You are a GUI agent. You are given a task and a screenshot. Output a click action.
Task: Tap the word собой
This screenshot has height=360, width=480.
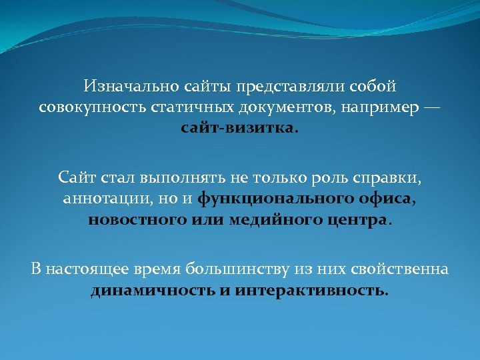372,86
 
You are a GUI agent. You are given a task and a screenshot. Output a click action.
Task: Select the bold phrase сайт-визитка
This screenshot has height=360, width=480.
237,127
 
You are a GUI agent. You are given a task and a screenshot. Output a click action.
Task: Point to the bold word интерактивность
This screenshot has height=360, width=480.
311,291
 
